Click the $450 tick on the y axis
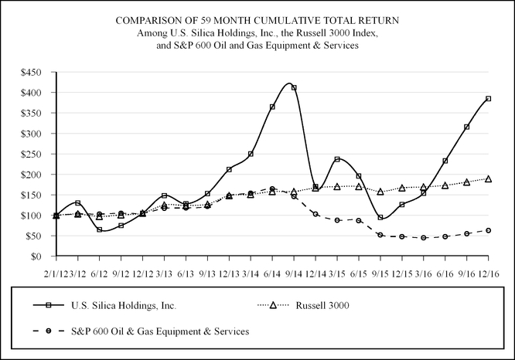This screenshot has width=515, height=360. [x=39, y=73]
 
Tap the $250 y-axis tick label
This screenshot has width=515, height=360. [x=39, y=154]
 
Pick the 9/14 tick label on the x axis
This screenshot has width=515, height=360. [x=294, y=273]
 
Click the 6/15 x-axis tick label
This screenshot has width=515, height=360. [x=359, y=273]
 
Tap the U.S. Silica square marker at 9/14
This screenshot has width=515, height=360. [x=294, y=88]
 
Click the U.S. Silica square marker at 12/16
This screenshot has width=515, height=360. [x=489, y=99]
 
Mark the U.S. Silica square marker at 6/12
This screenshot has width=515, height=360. [x=100, y=229]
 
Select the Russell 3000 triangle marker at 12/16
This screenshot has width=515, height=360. [x=489, y=179]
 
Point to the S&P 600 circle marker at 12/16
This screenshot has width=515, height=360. [x=489, y=230]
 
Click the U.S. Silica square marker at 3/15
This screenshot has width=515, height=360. [x=337, y=159]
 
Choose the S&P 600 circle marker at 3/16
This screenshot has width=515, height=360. [x=424, y=238]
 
